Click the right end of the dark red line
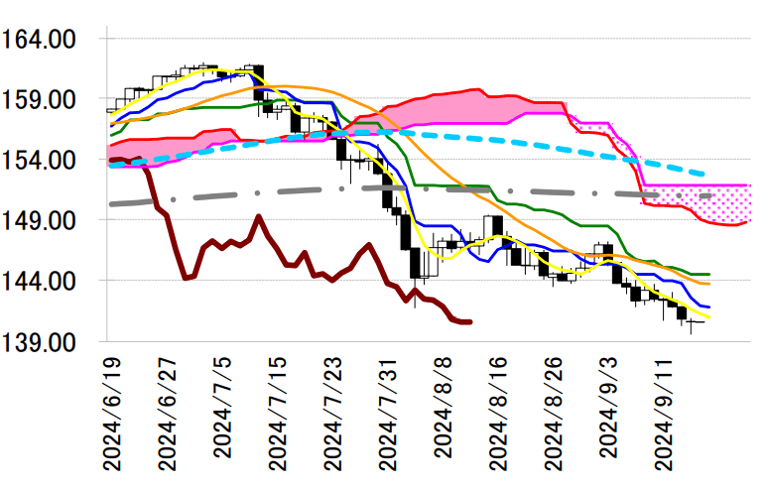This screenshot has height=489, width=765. tap(470, 321)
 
